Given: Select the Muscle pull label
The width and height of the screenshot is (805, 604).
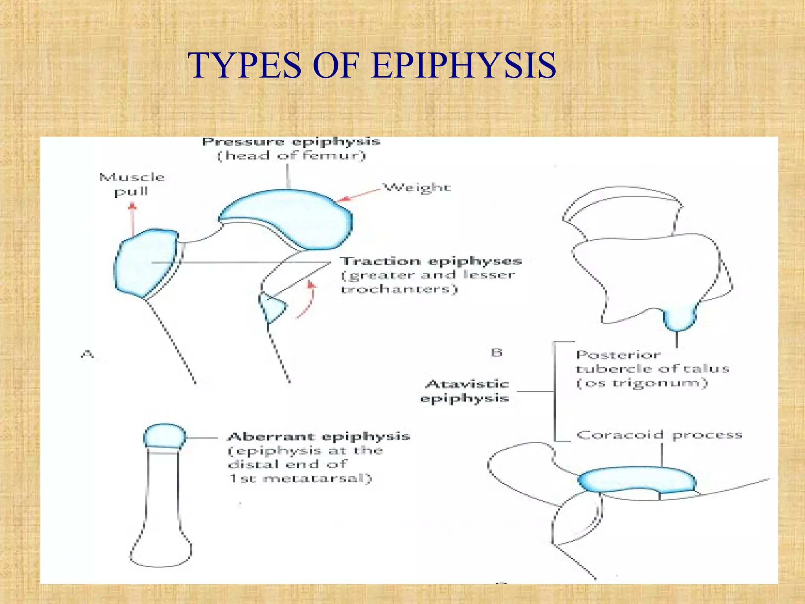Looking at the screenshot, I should tap(132, 184).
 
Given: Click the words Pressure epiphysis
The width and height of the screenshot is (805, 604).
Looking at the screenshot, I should tap(291, 142).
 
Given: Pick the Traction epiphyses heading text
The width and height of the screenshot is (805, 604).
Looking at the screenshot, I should tap(431, 261).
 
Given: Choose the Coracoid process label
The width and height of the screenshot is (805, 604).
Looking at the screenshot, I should tap(659, 435).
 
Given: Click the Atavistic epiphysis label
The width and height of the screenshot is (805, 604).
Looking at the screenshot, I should tap(465, 391).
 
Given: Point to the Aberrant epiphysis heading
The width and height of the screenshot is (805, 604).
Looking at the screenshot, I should tap(319, 436).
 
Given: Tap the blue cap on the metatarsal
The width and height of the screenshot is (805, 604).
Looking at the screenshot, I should tap(164, 436).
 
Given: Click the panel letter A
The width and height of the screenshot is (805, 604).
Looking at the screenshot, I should tap(87, 354).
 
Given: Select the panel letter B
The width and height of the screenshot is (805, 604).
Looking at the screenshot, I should tap(497, 352).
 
